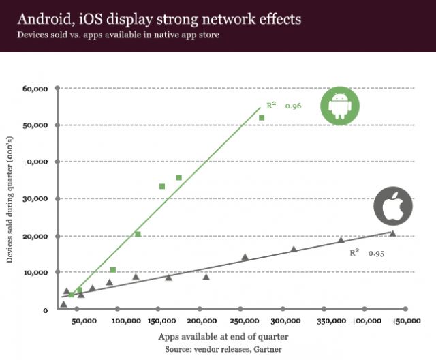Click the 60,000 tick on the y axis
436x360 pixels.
pyautogui.click(x=35, y=89)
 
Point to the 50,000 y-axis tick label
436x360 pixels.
pyautogui.click(x=35, y=125)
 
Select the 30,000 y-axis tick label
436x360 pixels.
pyautogui.click(x=35, y=199)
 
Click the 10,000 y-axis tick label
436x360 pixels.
pyautogui.click(x=35, y=273)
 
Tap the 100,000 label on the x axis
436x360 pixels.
pyautogui.click(x=125, y=320)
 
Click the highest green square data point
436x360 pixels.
pyautogui.click(x=262, y=118)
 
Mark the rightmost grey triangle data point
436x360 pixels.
pyautogui.click(x=392, y=234)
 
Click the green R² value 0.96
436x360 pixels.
pyautogui.click(x=293, y=106)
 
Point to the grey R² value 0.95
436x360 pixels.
pyautogui.click(x=377, y=253)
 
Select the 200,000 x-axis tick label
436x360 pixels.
pyautogui.click(x=202, y=320)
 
